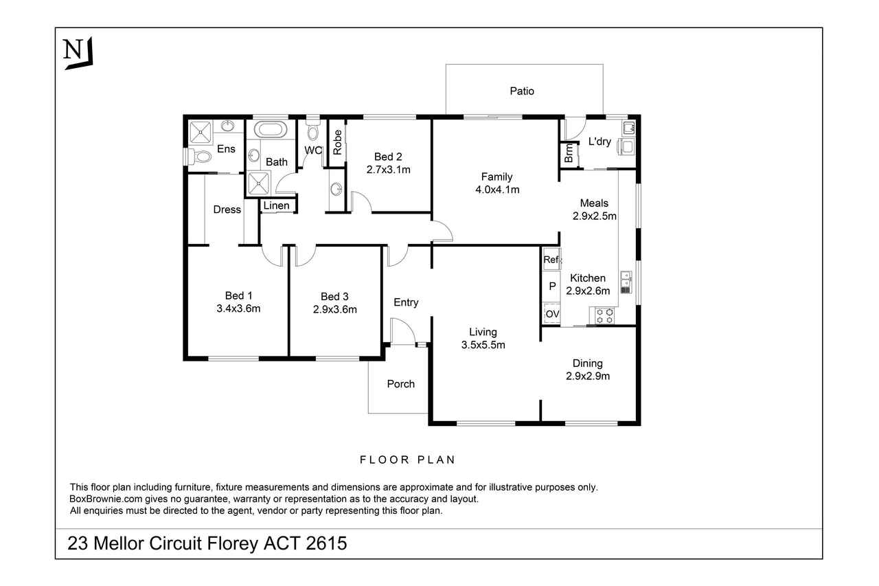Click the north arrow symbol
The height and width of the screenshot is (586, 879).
tap(78, 53)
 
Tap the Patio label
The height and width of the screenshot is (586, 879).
tap(522, 91)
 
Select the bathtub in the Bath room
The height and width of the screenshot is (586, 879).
tap(270, 130)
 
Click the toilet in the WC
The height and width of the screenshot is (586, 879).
tap(312, 130)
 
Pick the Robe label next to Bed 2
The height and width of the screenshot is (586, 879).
tap(337, 142)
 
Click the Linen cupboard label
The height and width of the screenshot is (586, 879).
tap(276, 205)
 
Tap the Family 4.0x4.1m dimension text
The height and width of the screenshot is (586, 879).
tap(497, 190)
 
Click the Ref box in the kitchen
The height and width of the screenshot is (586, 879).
tap(551, 259)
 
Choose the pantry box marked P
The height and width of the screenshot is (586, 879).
tap(551, 286)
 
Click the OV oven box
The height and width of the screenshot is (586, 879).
tap(551, 313)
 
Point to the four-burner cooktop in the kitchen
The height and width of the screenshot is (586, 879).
tap(604, 316)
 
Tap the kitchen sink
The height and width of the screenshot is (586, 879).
tap(626, 282)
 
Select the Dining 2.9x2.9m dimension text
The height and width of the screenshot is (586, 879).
tap(588, 376)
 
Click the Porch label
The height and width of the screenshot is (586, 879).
tap(400, 384)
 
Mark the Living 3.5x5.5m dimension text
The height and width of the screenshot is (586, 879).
tap(483, 345)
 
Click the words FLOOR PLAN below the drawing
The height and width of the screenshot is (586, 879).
tap(407, 460)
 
